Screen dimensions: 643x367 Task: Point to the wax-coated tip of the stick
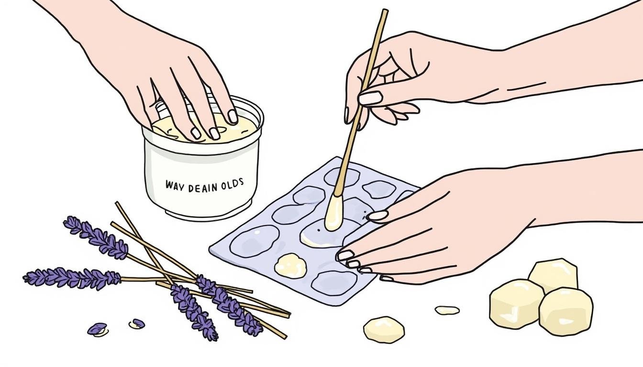[334, 212]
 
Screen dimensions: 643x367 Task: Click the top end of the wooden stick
[385, 11]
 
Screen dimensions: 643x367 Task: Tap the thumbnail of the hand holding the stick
[371, 98]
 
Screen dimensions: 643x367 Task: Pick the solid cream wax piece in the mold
[290, 266]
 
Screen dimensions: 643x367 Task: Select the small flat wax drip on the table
[447, 310]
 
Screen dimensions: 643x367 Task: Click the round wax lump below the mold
[384, 329]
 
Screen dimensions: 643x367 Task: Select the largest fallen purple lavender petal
[97, 329]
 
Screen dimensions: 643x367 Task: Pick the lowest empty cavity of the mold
[334, 282]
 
